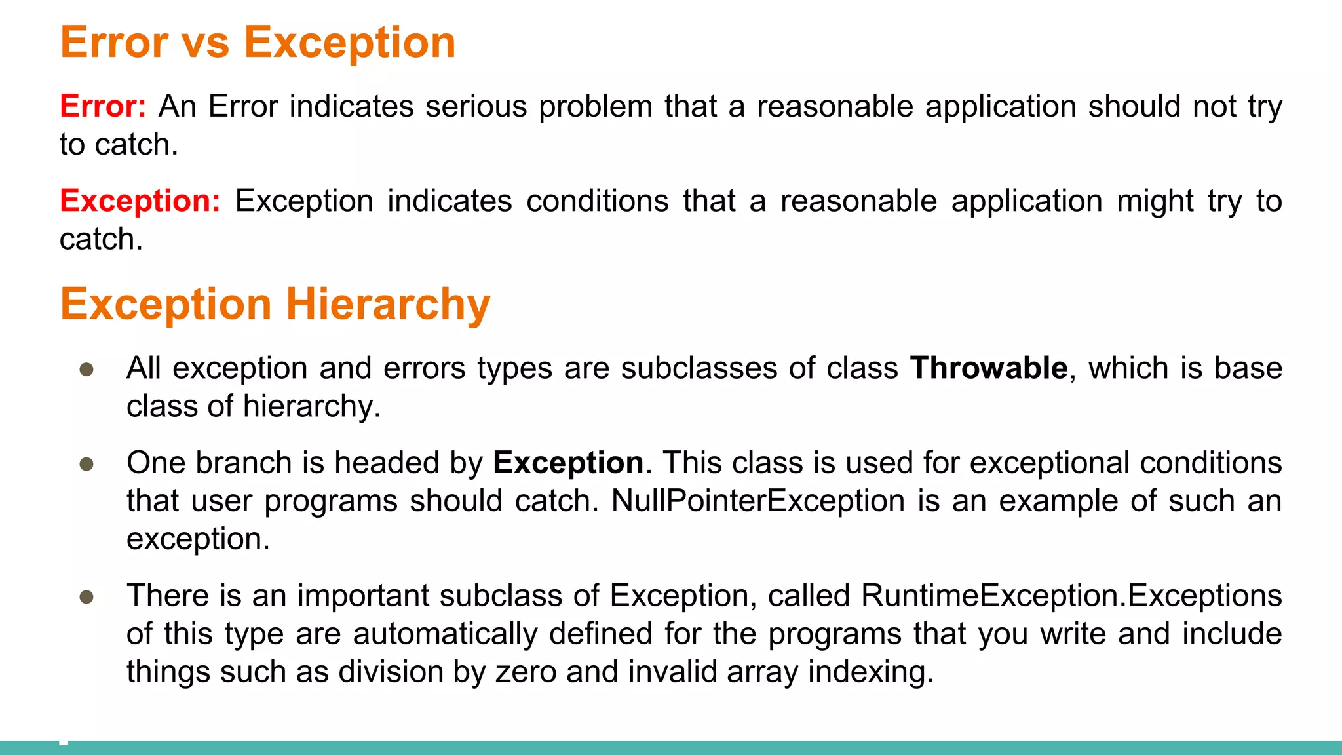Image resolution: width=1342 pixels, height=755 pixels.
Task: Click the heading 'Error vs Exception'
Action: pos(258,43)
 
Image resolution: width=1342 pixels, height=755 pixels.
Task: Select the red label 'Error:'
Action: pos(103,106)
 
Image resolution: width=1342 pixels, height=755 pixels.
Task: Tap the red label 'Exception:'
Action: pos(140,201)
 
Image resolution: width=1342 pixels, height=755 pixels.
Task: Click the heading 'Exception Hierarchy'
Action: pos(275,304)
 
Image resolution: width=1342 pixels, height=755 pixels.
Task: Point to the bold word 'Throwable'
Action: pos(989,368)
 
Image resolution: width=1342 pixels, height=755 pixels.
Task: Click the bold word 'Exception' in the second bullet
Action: pos(568,463)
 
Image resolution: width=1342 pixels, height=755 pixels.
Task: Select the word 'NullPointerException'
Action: pos(758,501)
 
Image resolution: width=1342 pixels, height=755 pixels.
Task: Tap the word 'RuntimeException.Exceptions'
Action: pos(1071,596)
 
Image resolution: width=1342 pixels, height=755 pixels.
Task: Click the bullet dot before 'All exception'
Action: pos(86,370)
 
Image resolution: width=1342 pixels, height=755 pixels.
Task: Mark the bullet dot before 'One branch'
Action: pos(86,465)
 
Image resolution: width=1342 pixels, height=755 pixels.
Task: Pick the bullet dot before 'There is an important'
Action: pos(86,597)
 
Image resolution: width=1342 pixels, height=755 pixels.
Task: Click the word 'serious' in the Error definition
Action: pos(476,106)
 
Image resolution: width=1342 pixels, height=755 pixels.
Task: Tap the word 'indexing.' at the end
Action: pos(871,672)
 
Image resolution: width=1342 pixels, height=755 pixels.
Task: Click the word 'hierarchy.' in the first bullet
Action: pos(312,406)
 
